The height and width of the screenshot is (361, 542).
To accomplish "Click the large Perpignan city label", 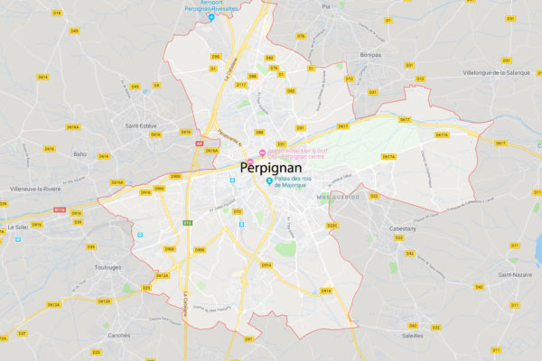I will pos(272,167).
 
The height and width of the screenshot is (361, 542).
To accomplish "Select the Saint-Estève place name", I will pos(144,125).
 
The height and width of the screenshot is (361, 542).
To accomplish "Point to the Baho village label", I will pos(79,153).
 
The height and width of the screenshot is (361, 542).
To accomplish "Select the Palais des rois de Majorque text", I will pos(304,185).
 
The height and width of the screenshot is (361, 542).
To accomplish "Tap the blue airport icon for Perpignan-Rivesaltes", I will pos(211,17).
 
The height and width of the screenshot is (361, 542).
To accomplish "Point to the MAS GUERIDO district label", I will pos(339,197).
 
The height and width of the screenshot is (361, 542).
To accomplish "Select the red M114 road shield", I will pos(61,209).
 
